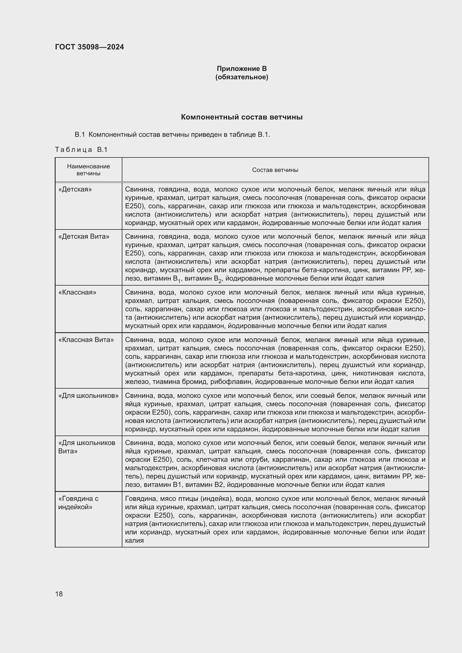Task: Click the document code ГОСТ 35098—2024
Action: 89,47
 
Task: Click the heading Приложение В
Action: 242,69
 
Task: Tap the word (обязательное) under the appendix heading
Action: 242,77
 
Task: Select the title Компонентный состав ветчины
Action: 242,117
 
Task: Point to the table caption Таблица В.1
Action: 81,150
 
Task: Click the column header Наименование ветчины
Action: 89,170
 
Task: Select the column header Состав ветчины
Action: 275,170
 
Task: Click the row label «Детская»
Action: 75,189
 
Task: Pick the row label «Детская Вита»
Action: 84,237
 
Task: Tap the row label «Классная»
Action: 77,292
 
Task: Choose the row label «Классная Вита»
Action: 86,340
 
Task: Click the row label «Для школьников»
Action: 88,396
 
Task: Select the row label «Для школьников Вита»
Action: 87,447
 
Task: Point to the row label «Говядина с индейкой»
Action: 78,503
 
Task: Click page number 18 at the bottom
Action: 59,594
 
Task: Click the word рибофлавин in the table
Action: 231,382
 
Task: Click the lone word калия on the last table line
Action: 134,540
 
